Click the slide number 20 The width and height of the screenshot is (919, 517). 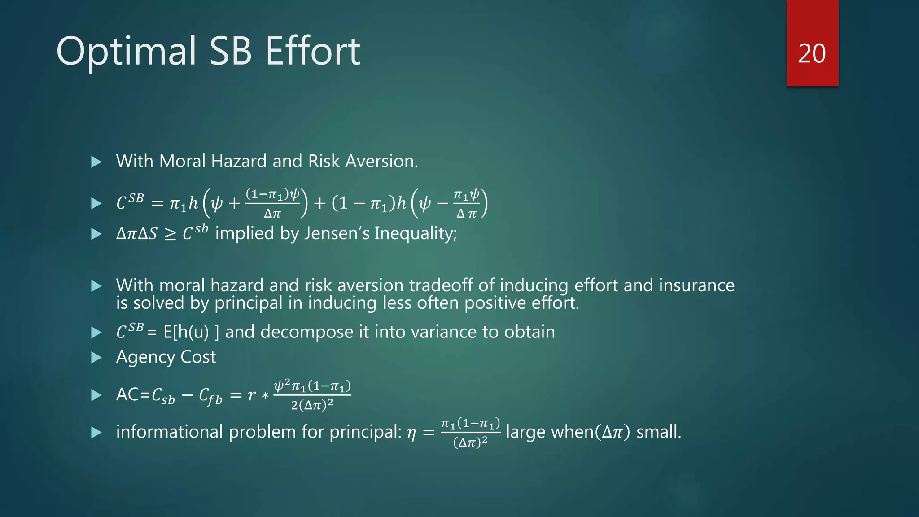click(812, 54)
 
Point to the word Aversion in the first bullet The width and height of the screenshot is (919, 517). click(381, 161)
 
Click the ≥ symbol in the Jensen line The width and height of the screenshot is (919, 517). click(170, 234)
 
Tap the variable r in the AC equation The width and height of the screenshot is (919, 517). click(252, 395)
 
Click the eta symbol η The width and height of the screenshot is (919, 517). click(411, 433)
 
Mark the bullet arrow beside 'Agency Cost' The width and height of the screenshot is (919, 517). click(96, 358)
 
